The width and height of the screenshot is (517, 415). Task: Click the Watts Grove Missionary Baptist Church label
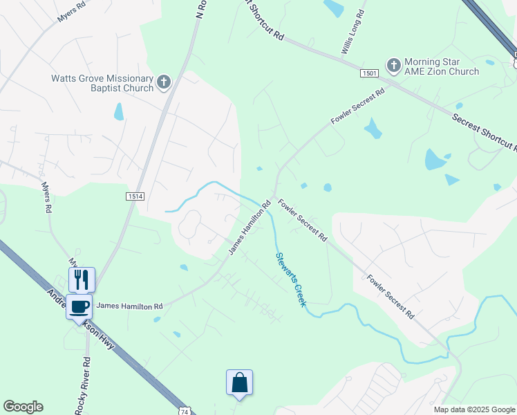coord(102,84)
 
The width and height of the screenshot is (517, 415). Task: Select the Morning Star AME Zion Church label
coord(441,66)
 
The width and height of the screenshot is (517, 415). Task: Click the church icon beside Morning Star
coord(393,66)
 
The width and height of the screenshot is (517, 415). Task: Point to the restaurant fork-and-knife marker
coord(82,279)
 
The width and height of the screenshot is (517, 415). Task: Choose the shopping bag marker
coord(239,382)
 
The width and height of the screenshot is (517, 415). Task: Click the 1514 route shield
coord(135,196)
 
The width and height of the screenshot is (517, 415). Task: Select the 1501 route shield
coord(369,73)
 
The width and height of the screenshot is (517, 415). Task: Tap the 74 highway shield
coord(184,411)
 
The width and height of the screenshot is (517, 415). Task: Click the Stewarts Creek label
coord(290,279)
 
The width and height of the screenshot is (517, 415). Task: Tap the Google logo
coord(23,407)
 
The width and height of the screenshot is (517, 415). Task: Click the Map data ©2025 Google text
coord(473,409)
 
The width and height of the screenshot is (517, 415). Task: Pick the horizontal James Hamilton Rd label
coord(129,306)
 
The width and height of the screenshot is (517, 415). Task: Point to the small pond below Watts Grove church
coord(119,111)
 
